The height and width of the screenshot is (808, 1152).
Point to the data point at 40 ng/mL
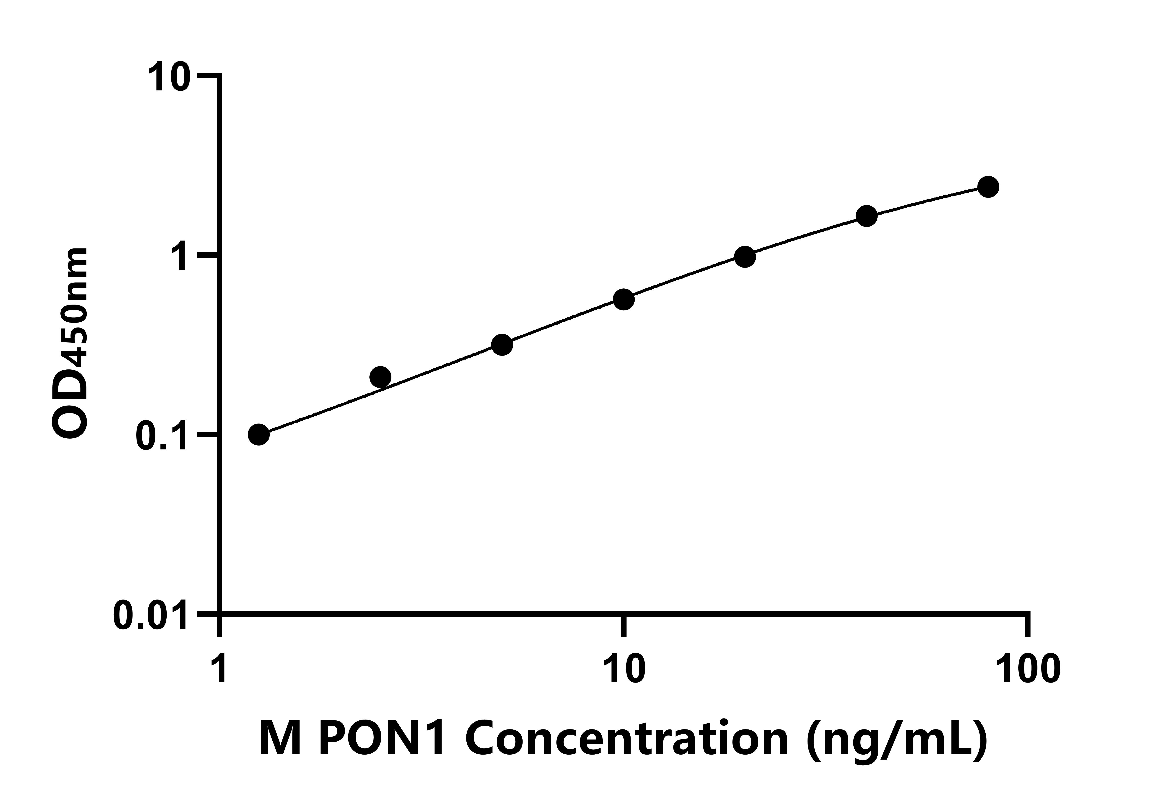pos(867,216)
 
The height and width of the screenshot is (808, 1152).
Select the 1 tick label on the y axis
pos(181,257)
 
